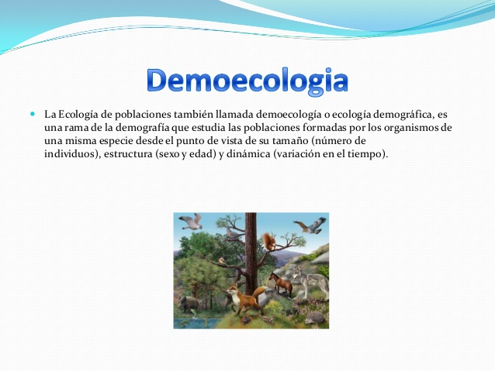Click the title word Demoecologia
coord(247,81)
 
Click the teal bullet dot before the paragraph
coord(33,114)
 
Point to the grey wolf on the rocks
coord(310,281)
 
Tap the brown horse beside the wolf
coord(280,284)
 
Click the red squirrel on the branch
coord(268,241)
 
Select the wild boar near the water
coord(189,304)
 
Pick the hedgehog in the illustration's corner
coord(314,318)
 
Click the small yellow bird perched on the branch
coord(223,261)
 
